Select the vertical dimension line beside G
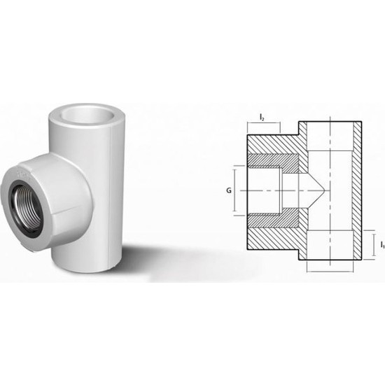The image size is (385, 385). pyautogui.click(x=236, y=189)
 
